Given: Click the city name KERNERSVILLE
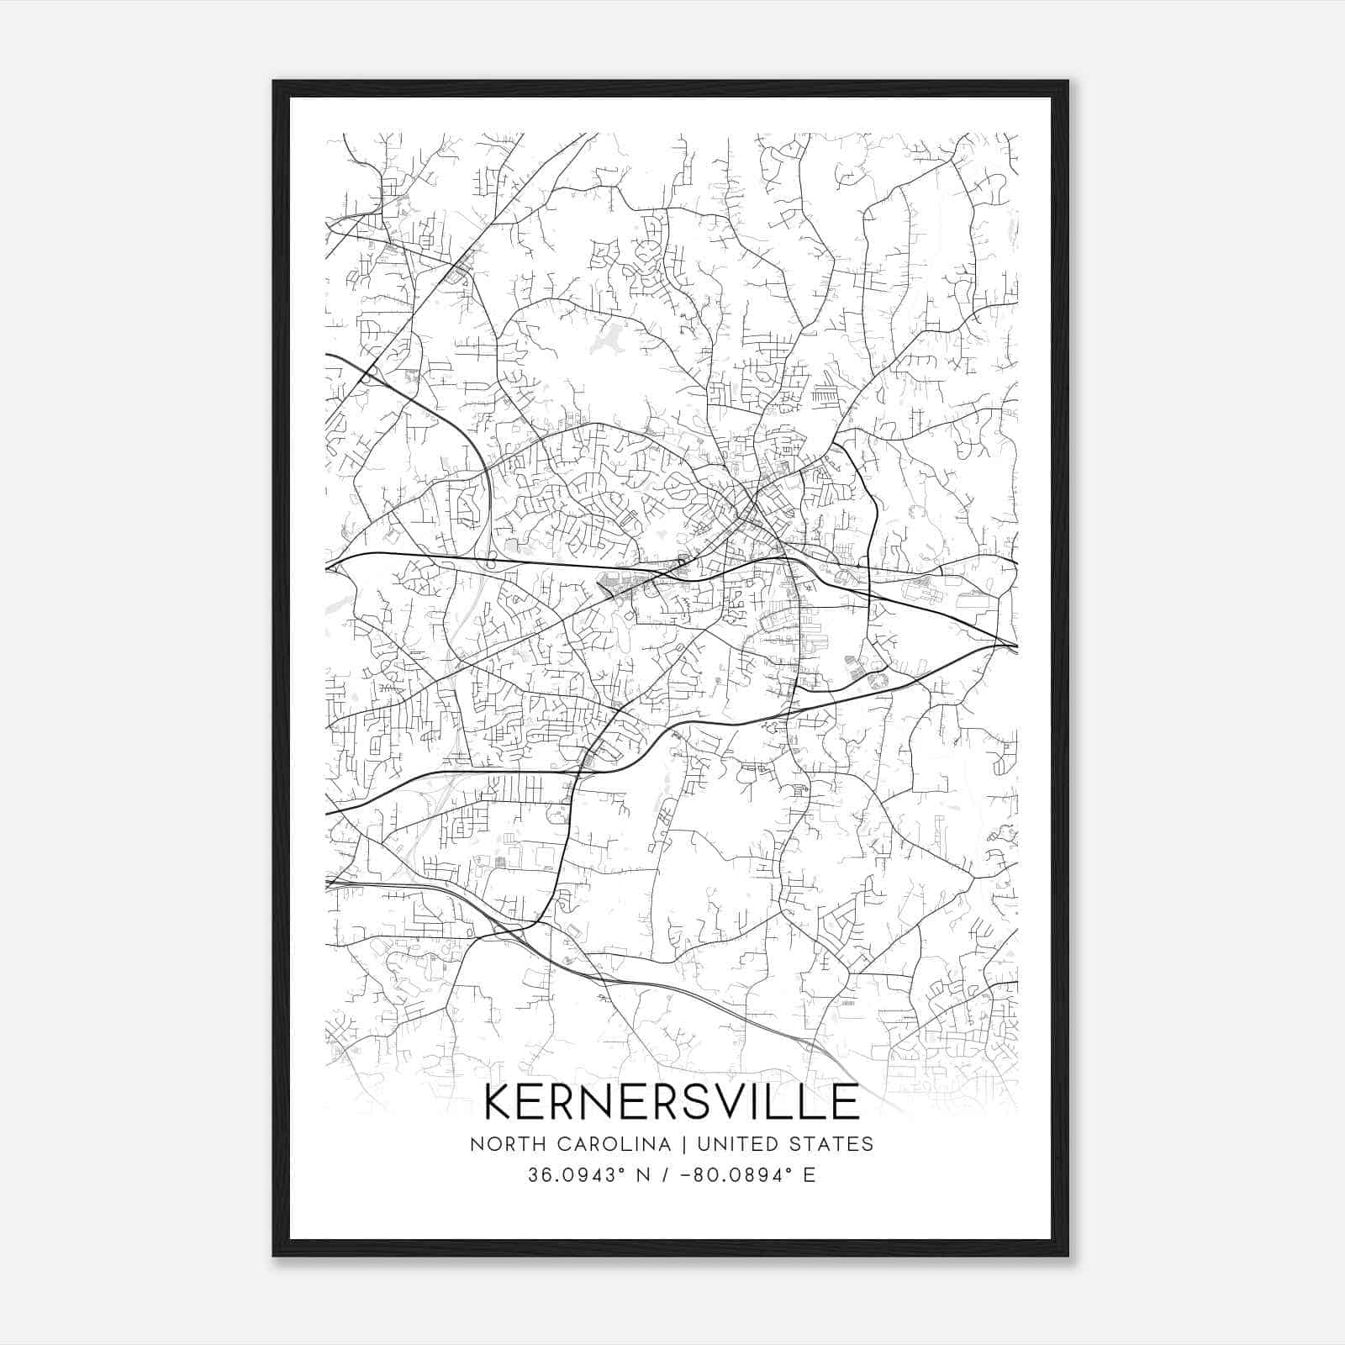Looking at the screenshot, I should click(x=672, y=1101).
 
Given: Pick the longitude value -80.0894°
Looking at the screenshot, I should click(x=739, y=1174).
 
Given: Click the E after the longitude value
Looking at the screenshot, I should click(x=810, y=1174).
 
